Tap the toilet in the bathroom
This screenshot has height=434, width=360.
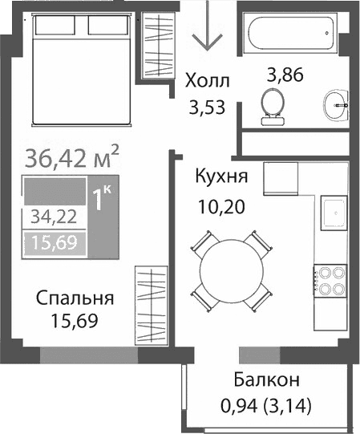pos(273,104)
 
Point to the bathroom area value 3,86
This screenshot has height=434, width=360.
pos(285,78)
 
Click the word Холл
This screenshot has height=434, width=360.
pos(206,81)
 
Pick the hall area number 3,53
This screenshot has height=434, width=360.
pos(206,106)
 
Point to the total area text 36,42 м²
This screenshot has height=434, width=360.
pos(72,156)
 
